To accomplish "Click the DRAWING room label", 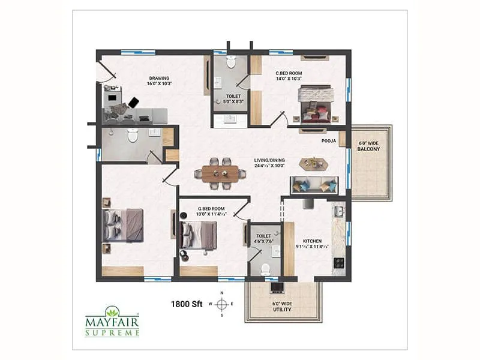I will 159,80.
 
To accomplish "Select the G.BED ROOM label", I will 211,211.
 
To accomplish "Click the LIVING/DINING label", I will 269,163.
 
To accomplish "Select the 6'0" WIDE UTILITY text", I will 282,307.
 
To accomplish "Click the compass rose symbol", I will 221,304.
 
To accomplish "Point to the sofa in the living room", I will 313,185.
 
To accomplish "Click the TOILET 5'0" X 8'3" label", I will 233,99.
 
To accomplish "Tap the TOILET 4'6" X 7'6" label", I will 264,239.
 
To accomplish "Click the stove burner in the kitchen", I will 339,262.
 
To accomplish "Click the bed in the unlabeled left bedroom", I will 123,225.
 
